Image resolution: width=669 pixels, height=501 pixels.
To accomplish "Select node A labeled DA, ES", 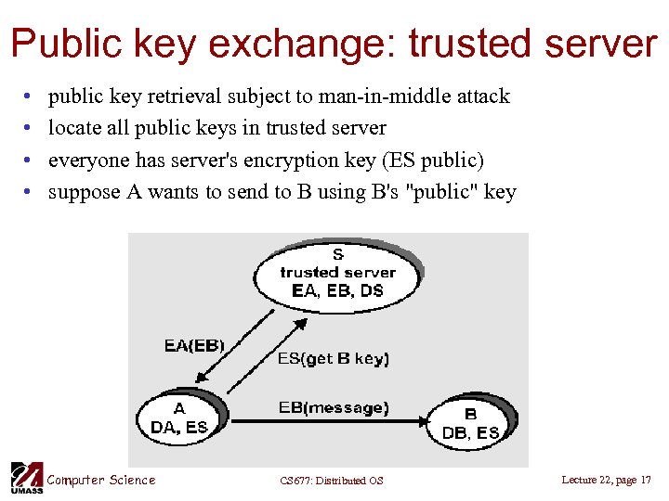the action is [x=179, y=418].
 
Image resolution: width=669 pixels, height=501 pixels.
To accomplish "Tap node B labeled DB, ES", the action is [x=470, y=423].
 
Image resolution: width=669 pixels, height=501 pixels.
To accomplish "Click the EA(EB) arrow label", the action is [x=194, y=346].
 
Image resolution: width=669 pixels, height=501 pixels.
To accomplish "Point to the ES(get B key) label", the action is [x=334, y=358].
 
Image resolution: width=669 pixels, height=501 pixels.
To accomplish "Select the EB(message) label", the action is [x=334, y=407].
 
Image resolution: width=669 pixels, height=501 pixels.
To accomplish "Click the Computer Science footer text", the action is [x=101, y=480].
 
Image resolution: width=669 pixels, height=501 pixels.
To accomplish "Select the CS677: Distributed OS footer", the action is [x=332, y=481].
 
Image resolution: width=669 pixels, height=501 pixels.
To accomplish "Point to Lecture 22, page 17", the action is [x=607, y=480].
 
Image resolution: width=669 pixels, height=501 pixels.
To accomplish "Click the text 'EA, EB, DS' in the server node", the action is [x=337, y=290].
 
